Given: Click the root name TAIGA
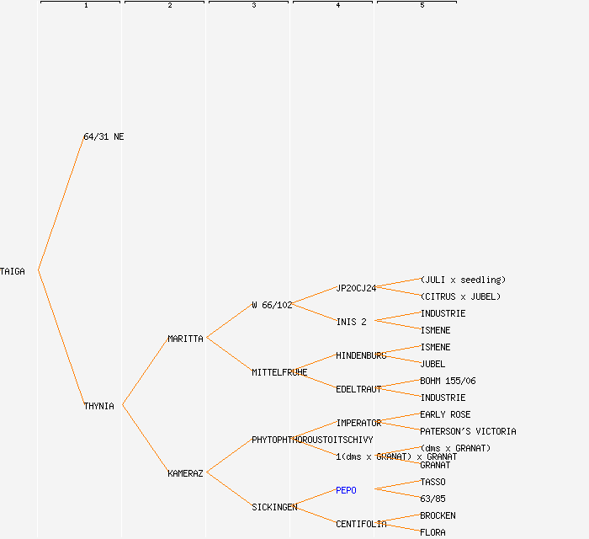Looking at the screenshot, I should [13, 271].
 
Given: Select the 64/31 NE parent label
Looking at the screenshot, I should [103, 136].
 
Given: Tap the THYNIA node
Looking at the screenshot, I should [98, 406].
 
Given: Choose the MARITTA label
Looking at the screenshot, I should [185, 339].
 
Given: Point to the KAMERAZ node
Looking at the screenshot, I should [185, 473].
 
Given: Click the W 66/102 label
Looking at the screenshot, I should [272, 305].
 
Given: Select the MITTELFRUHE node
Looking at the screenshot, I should [279, 372].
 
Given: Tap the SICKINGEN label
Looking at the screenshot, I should [274, 507].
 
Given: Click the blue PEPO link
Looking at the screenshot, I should [346, 490].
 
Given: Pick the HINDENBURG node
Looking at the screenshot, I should [361, 355].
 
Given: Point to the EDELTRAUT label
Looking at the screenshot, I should [358, 389].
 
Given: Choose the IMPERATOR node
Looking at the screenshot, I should [358, 423].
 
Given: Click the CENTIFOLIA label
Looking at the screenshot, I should [361, 524].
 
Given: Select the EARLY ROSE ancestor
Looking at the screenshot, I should [445, 414].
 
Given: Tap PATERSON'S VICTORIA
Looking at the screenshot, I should [468, 431].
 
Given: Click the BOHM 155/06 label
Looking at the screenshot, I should [448, 381].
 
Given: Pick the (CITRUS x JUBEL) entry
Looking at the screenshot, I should [460, 296].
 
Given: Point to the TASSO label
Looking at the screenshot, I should [432, 482].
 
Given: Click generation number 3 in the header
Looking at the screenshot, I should [253, 6].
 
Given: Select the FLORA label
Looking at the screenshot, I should [432, 532].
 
